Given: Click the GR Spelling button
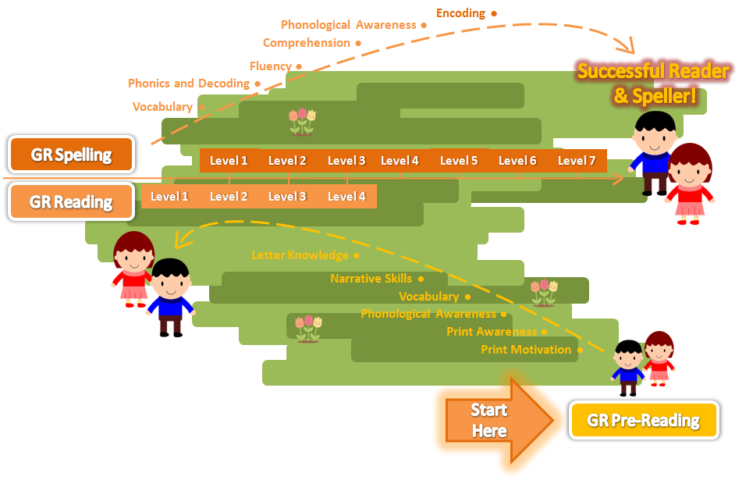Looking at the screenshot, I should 71,155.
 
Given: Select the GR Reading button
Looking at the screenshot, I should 71,202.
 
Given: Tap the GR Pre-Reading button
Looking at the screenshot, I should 643,421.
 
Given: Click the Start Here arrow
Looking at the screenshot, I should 496,421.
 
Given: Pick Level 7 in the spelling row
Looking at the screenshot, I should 577,161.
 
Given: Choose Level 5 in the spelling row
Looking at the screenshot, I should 459,161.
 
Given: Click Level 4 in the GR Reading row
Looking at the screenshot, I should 346,197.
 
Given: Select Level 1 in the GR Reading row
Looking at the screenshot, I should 169,197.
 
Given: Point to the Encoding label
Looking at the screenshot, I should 460,13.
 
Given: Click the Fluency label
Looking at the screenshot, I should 271,66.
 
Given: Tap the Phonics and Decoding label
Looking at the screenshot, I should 189,84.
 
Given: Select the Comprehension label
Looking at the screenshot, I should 307,43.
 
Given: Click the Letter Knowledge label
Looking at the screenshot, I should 300,255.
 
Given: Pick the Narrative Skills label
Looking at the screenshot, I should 371,279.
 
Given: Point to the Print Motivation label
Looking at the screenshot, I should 526,350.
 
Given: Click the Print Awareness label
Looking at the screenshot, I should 492,332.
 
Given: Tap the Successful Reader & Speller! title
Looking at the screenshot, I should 653,84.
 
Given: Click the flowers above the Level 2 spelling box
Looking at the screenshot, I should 302,122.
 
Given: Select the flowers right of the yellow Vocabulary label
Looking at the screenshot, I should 544,292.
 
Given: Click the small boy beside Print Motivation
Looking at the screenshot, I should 627,367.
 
